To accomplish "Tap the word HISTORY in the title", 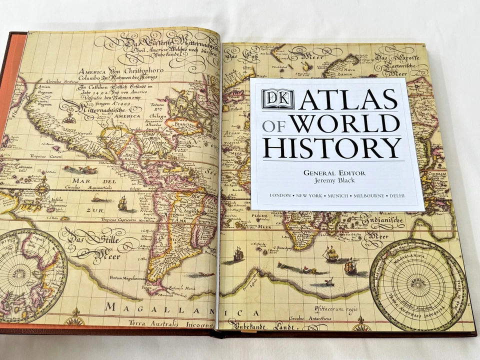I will [332, 147].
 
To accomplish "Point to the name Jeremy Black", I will [334, 180].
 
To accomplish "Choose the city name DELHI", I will [394, 195].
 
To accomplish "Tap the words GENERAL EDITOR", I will [334, 172].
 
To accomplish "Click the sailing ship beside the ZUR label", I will [122, 203].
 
